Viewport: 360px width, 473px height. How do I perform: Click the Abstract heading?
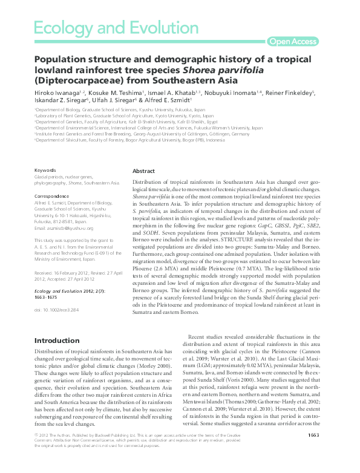click(143, 171)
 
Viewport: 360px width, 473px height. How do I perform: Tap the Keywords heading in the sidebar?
click(46, 171)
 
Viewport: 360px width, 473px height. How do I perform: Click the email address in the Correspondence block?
click(64, 228)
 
